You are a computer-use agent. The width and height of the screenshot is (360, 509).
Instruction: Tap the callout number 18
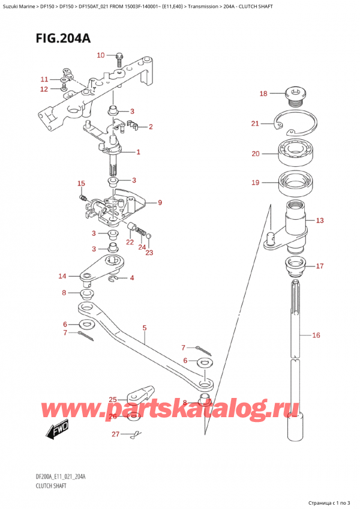pyautogui.click(x=263, y=93)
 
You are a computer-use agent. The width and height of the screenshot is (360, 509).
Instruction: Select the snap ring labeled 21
pyautogui.click(x=295, y=125)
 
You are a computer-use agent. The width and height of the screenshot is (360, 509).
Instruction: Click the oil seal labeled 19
pyautogui.click(x=295, y=182)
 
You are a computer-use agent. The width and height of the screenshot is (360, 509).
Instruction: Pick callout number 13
pyautogui.click(x=320, y=221)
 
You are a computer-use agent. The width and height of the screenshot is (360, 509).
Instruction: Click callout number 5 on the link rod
pyautogui.click(x=144, y=328)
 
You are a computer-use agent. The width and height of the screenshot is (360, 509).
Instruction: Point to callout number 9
pyautogui.click(x=160, y=203)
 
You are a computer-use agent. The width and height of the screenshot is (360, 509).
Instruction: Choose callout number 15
pyautogui.click(x=82, y=183)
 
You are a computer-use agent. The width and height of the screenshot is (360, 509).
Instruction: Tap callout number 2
pyautogui.click(x=150, y=127)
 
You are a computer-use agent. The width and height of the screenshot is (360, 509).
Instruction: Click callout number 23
pyautogui.click(x=149, y=253)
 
